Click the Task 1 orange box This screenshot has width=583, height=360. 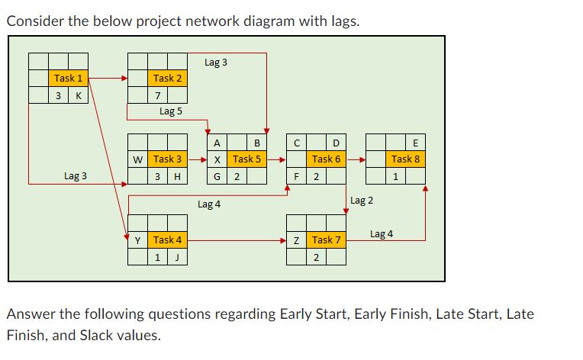(68, 78)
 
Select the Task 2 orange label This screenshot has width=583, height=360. (167, 78)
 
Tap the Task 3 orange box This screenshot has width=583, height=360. (167, 159)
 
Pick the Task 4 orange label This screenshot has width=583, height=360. (167, 239)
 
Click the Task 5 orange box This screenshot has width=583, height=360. (246, 159)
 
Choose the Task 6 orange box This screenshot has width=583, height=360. (327, 159)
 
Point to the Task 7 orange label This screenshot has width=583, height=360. (327, 240)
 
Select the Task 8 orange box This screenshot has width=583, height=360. (405, 159)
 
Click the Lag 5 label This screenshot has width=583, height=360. (170, 111)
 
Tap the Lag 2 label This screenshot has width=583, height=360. (362, 201)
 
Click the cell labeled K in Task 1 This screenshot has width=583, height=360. (78, 96)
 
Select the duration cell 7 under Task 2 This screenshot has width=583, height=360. (157, 96)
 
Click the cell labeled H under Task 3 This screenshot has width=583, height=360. (177, 177)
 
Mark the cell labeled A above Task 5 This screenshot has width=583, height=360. (217, 143)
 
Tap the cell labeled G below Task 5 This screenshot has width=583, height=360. (217, 177)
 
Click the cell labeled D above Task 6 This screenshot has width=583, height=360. (336, 143)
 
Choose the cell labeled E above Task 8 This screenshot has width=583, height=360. (415, 143)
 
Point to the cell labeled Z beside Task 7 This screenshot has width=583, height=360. (297, 240)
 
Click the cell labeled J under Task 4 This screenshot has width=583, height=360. (177, 257)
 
